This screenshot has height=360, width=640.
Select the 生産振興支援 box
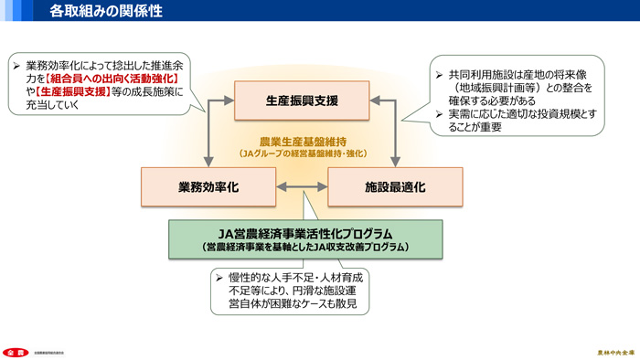pos(303,100)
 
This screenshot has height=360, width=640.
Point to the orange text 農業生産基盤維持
pos(303,142)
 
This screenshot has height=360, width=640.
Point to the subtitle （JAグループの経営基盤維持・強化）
pos(303,154)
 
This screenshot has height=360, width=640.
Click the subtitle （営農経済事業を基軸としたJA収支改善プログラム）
pos(305,247)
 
